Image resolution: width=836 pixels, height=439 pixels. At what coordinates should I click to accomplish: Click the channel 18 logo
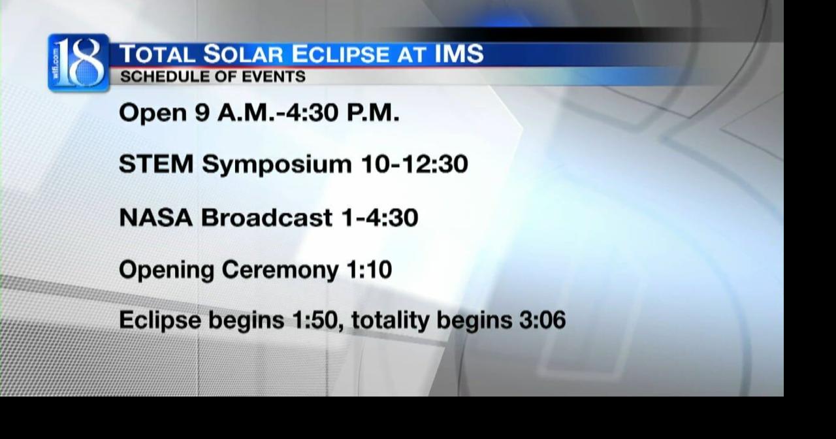click(78, 63)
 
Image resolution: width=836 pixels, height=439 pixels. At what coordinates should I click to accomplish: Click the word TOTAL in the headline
click(157, 54)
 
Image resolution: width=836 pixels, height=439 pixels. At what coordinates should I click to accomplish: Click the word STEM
click(156, 164)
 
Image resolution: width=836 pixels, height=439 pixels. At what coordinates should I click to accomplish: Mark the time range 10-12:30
click(414, 164)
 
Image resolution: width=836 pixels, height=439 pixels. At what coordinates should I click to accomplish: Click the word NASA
click(155, 218)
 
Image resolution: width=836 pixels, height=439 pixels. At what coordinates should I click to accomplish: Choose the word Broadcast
click(266, 218)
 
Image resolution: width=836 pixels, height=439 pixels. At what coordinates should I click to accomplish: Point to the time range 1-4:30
click(379, 218)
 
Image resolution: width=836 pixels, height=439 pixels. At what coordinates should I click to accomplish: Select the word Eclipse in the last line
click(160, 321)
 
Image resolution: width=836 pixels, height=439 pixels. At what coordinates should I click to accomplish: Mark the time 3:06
click(541, 320)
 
